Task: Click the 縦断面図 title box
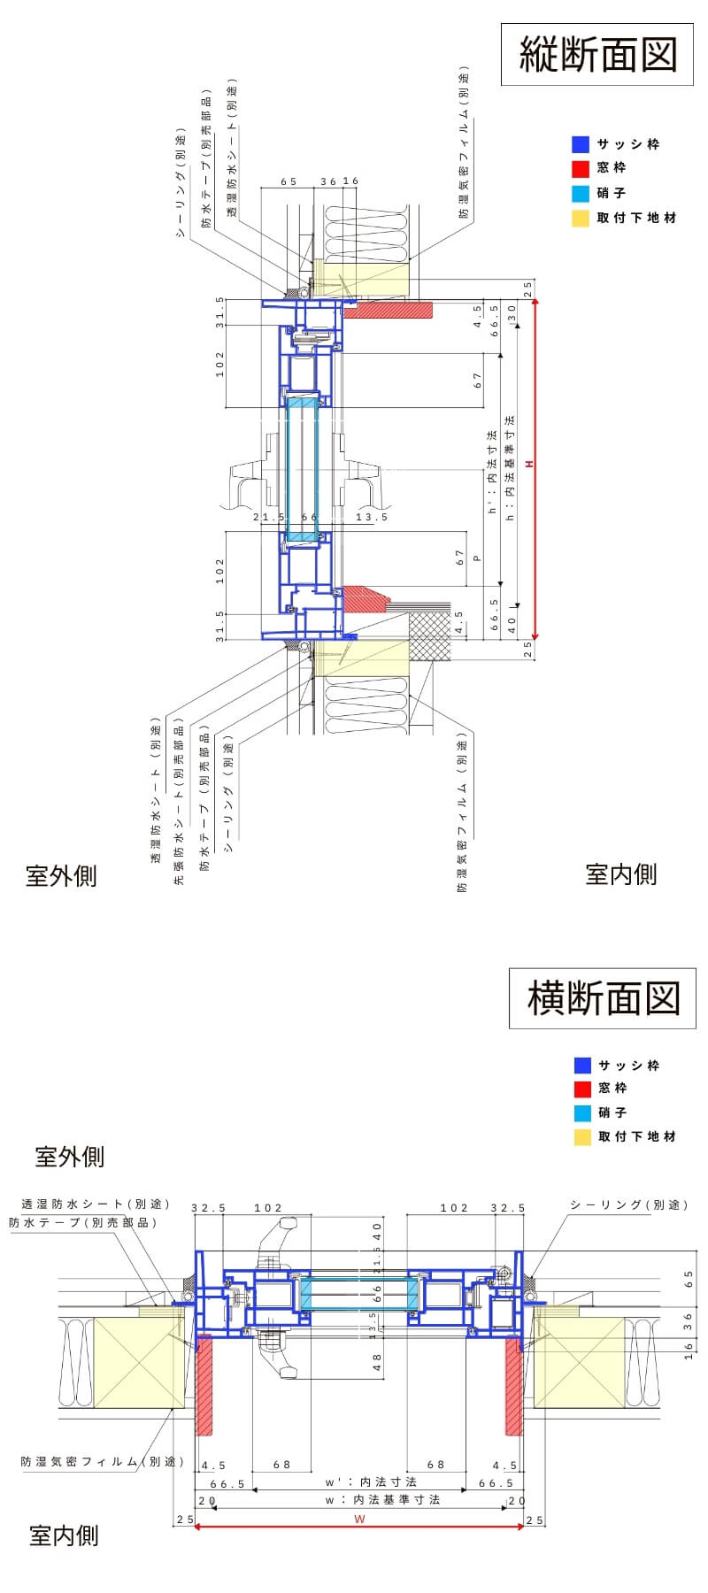click(597, 55)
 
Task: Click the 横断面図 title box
click(603, 998)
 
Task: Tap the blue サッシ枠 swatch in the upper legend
click(581, 144)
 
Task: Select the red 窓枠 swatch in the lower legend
click(581, 1089)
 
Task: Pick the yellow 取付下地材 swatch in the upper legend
click(581, 218)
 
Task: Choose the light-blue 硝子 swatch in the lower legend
click(581, 1112)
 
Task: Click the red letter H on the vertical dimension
click(529, 465)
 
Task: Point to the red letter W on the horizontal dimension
click(359, 1520)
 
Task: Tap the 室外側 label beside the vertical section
click(61, 876)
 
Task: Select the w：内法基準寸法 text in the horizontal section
click(383, 1499)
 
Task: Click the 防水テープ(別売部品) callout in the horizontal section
click(83, 1222)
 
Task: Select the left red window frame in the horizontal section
click(204, 1385)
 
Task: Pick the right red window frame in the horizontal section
click(513, 1385)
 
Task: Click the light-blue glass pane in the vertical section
click(302, 469)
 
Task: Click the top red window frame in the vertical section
click(389, 310)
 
